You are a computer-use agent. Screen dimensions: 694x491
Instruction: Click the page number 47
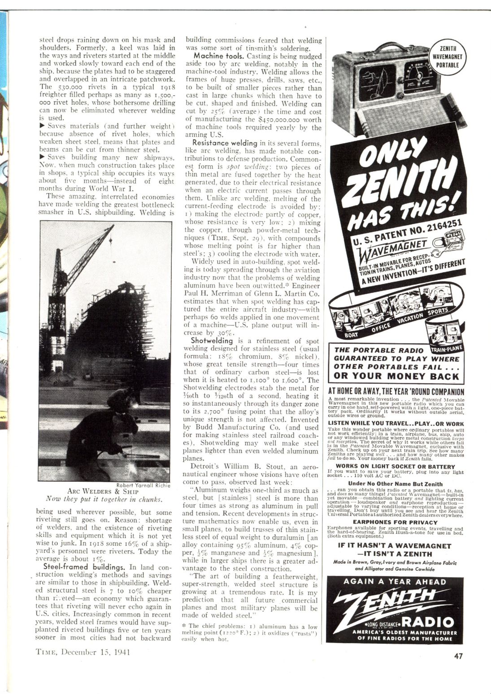point(458,656)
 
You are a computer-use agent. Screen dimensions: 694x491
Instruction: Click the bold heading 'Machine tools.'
point(213,56)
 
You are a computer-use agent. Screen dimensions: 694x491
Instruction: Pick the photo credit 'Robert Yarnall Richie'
point(143,484)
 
